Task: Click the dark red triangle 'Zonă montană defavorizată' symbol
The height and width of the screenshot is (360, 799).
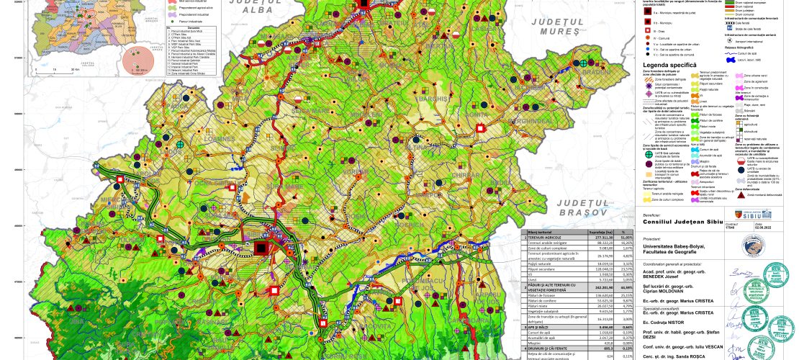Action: [739, 195]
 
